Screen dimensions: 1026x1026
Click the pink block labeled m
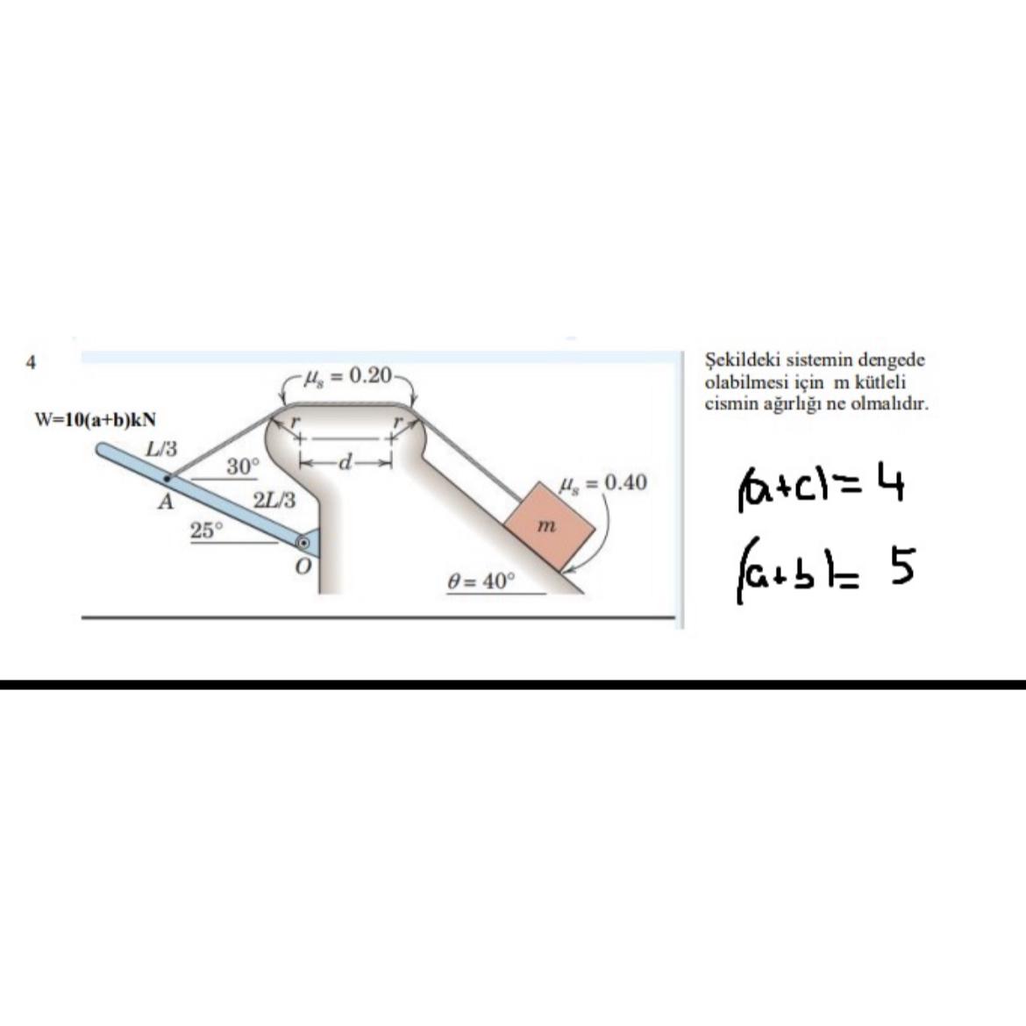click(550, 525)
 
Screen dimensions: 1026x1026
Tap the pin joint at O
click(303, 543)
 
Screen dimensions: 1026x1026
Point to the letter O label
click(303, 566)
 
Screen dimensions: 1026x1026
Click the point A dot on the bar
click(167, 478)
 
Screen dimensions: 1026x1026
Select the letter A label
click(167, 502)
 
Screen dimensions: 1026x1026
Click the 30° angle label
click(244, 467)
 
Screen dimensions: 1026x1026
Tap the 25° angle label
click(207, 530)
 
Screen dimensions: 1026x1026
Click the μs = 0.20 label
click(349, 375)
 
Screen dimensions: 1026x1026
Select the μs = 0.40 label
click(603, 483)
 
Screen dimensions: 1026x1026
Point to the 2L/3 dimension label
click(274, 502)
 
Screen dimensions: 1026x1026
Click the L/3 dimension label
click(161, 450)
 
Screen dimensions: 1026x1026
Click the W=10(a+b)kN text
click(95, 419)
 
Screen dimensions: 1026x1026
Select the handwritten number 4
click(891, 481)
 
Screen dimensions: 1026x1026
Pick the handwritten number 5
click(901, 566)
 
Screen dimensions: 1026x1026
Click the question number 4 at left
click(30, 362)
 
